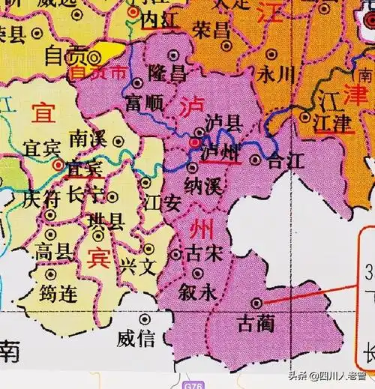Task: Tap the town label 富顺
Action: click(144, 103)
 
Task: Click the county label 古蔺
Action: click(256, 324)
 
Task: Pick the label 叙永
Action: click(198, 294)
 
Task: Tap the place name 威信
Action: click(136, 339)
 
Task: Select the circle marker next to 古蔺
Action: click(257, 303)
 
